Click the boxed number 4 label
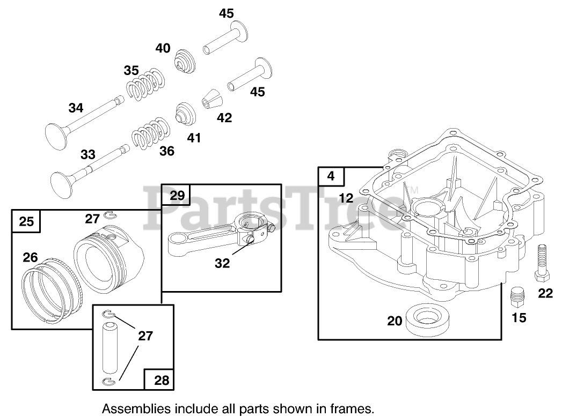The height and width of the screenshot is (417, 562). tap(331, 176)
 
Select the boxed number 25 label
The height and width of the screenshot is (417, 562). tap(26, 220)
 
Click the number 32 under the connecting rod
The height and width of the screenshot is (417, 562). tap(222, 263)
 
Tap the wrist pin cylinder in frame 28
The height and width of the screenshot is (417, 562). tap(111, 347)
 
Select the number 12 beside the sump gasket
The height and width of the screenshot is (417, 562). tap(346, 198)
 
